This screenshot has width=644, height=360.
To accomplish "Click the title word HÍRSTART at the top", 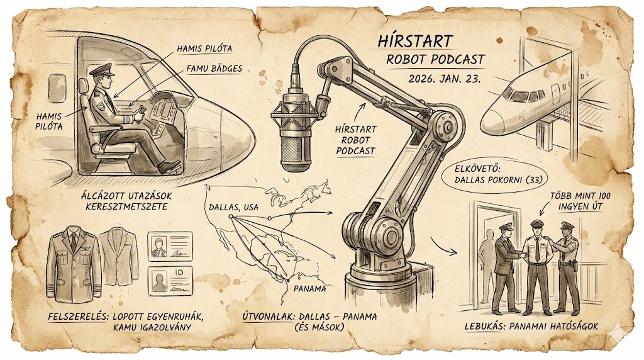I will (x=416, y=41).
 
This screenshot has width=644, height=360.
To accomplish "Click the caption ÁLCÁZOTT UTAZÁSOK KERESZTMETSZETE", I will (x=126, y=201).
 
